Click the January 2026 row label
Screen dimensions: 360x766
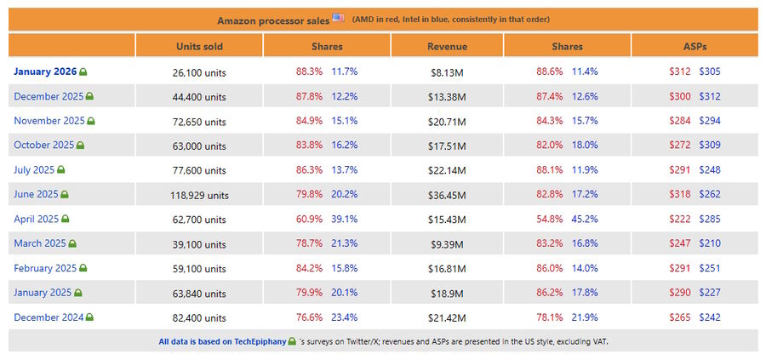tap(45, 71)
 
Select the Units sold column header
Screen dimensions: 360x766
tap(200, 46)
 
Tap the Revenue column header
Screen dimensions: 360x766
tap(447, 46)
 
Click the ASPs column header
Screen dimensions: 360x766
tap(695, 46)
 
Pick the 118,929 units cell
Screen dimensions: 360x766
tap(200, 195)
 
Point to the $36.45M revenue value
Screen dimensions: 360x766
tap(447, 195)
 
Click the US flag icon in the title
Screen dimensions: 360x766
tap(339, 18)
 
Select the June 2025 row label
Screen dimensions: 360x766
tap(36, 194)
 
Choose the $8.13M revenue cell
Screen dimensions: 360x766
tap(447, 72)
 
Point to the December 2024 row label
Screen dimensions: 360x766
tap(47, 317)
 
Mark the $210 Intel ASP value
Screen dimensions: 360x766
tap(710, 243)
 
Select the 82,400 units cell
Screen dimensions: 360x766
tap(200, 317)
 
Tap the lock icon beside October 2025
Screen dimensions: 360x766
tap(80, 146)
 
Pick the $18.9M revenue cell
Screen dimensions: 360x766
tap(447, 293)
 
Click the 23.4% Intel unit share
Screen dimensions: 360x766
tap(344, 317)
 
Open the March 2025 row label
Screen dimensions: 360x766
tap(38, 243)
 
